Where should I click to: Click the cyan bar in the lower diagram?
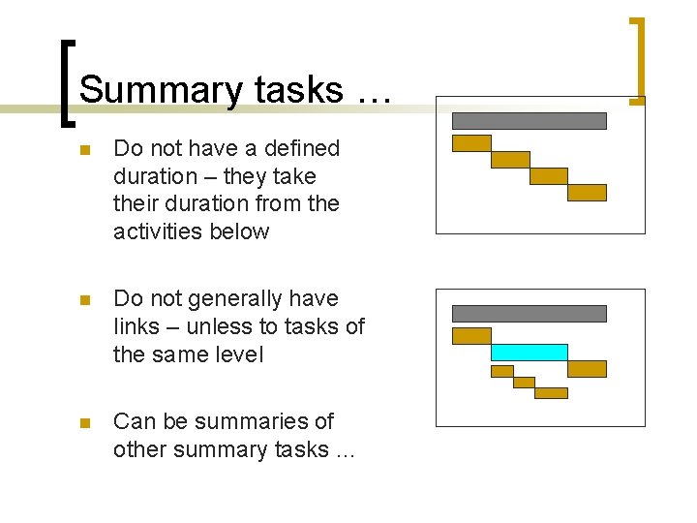(x=529, y=353)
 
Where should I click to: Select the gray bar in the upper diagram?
(x=529, y=121)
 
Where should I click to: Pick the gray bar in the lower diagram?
(x=529, y=314)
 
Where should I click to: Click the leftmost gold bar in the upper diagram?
(x=471, y=143)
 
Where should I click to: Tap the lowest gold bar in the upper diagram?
(x=587, y=193)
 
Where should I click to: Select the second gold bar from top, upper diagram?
(x=510, y=160)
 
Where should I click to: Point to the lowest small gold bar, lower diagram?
(x=551, y=393)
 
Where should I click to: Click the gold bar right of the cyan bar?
(x=587, y=369)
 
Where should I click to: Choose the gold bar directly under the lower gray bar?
(x=471, y=336)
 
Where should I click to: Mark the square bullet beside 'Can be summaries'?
(x=85, y=423)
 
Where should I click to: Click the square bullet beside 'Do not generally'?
(x=85, y=300)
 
